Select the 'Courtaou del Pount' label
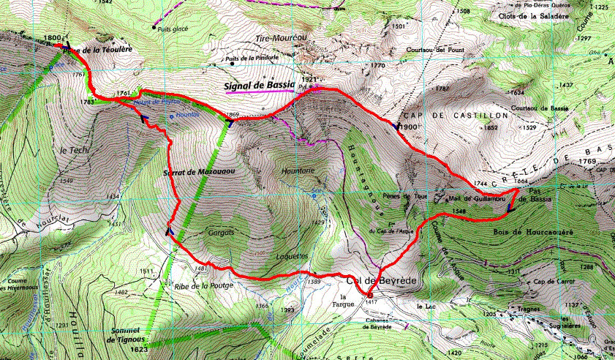(x=436, y=50)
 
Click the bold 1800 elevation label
(x=53, y=38)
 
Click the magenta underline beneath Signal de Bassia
(x=260, y=92)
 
